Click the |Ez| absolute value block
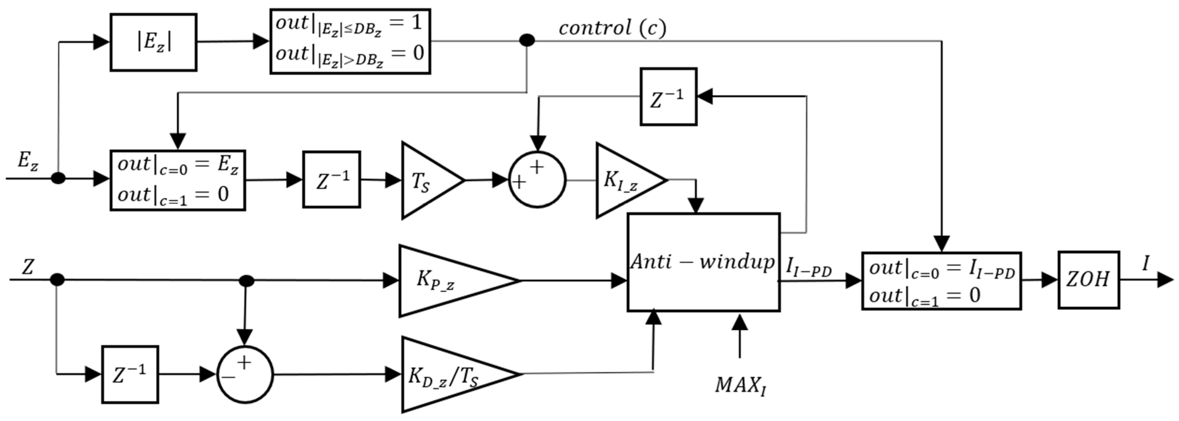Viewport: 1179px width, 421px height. coord(153,42)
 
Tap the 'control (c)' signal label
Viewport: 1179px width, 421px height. coord(612,28)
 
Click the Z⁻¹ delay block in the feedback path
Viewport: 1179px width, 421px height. coord(668,97)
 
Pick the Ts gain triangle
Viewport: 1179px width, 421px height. coord(428,180)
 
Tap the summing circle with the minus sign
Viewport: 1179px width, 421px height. coord(244,374)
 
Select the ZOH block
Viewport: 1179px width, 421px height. coord(1088,280)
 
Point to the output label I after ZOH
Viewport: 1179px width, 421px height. coord(1146,264)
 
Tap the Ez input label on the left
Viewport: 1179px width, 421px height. coord(27,161)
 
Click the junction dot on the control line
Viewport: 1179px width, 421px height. coord(527,40)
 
